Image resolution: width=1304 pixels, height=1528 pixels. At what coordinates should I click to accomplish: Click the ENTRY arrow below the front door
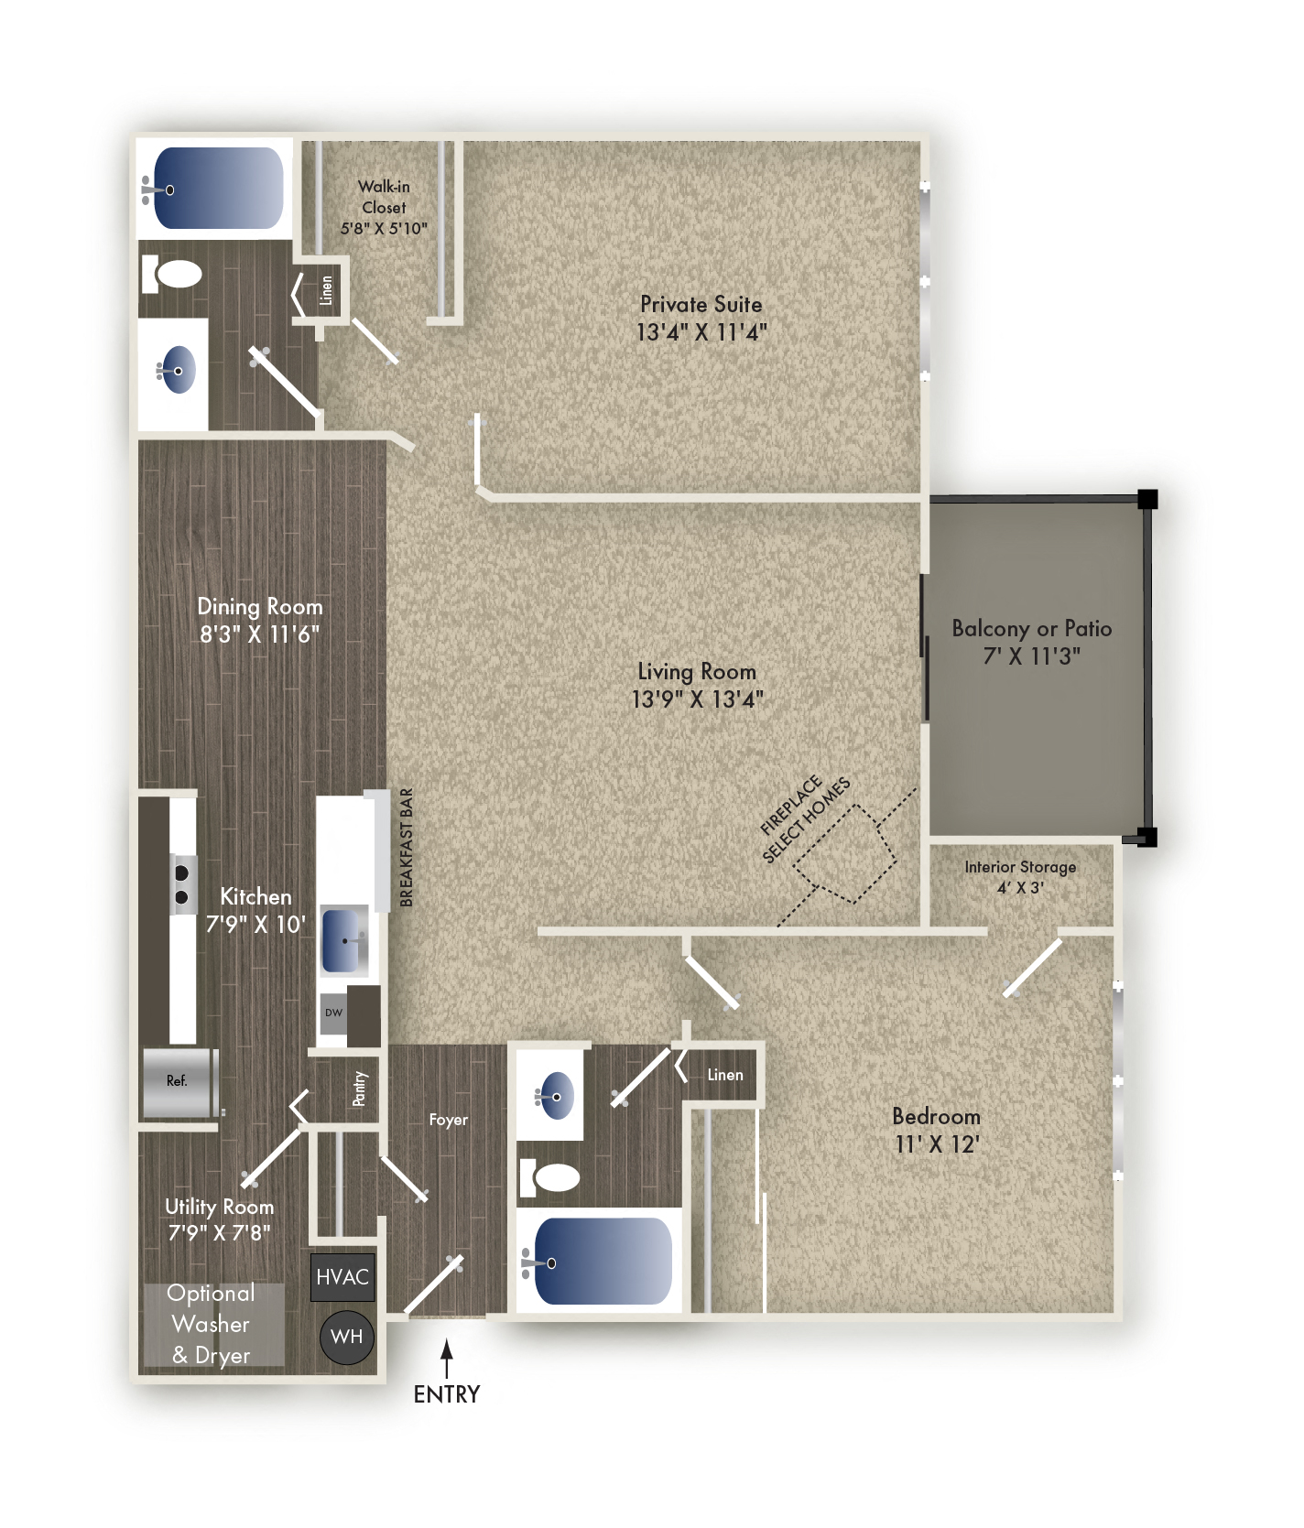click(447, 1359)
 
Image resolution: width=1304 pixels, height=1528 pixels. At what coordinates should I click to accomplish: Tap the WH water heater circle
click(347, 1337)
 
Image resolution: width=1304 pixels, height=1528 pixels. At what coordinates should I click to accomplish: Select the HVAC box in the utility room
click(342, 1277)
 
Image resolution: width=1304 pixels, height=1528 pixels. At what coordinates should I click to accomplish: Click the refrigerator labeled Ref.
click(179, 1082)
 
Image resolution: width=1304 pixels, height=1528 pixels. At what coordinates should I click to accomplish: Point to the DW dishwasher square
click(333, 1013)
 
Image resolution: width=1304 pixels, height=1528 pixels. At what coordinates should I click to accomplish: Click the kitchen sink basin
click(343, 940)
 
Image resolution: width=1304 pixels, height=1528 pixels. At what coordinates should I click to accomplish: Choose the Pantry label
click(359, 1089)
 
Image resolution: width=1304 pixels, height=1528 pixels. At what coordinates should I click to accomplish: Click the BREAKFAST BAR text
click(407, 848)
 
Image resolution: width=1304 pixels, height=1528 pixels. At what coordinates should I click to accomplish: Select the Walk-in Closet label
click(384, 208)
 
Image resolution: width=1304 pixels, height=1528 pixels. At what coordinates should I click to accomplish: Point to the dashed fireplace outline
click(844, 854)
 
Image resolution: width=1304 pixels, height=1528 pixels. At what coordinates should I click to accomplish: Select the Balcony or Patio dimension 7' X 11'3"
click(1031, 656)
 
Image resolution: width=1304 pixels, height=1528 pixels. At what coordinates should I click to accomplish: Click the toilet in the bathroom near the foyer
click(550, 1177)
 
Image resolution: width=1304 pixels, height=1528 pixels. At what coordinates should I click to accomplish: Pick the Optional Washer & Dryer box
click(212, 1324)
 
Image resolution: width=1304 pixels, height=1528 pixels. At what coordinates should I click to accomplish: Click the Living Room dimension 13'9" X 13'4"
click(697, 699)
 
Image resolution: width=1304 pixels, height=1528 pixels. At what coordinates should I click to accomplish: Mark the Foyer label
click(448, 1120)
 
